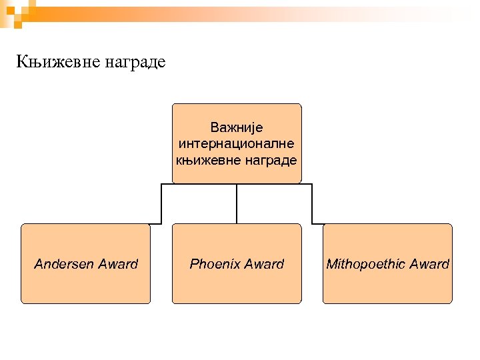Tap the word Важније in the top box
[237, 127]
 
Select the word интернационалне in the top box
[237, 143]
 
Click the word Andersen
[64, 264]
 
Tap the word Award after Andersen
[118, 264]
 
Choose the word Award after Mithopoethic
[429, 264]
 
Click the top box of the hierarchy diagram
[237, 113]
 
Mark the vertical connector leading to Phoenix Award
[237, 203]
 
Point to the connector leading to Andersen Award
[161, 203]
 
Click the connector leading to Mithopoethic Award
[313, 203]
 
